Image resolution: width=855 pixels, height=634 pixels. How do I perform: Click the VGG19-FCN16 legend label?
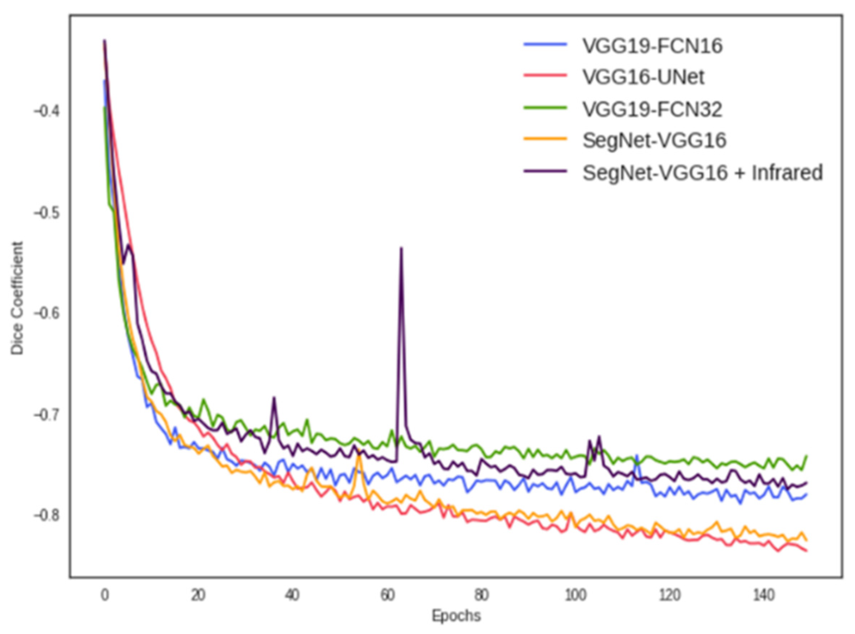click(x=652, y=46)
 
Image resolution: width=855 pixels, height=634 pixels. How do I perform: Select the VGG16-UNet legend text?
click(x=643, y=78)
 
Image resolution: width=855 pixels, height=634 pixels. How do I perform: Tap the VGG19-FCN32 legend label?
click(x=652, y=110)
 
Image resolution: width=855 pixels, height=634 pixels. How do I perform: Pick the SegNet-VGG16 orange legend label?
click(x=654, y=141)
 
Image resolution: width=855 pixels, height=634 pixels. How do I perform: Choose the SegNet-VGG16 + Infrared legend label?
click(x=702, y=173)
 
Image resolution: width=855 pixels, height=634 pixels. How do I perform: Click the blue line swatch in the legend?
click(x=545, y=44)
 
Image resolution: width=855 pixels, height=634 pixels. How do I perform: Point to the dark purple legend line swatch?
click(x=545, y=171)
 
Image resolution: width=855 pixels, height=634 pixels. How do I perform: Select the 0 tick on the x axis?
click(x=104, y=596)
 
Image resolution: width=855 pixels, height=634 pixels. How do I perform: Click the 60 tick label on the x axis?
click(x=387, y=596)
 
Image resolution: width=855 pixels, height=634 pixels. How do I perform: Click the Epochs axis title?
click(x=456, y=616)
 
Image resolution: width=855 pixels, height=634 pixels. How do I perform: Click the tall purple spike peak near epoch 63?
click(x=401, y=248)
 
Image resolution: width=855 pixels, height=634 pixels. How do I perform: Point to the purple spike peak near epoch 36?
click(x=274, y=398)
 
